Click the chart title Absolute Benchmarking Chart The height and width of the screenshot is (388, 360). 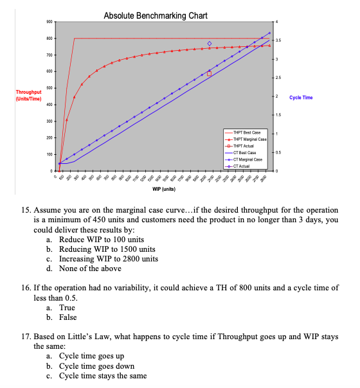tap(155, 15)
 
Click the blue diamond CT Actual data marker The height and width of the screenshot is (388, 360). tap(209, 44)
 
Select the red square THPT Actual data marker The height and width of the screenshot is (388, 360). tap(209, 74)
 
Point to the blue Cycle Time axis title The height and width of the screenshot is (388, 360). tap(301, 97)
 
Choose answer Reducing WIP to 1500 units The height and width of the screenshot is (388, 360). tap(108, 249)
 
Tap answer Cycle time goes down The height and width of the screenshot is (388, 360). tap(96, 366)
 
